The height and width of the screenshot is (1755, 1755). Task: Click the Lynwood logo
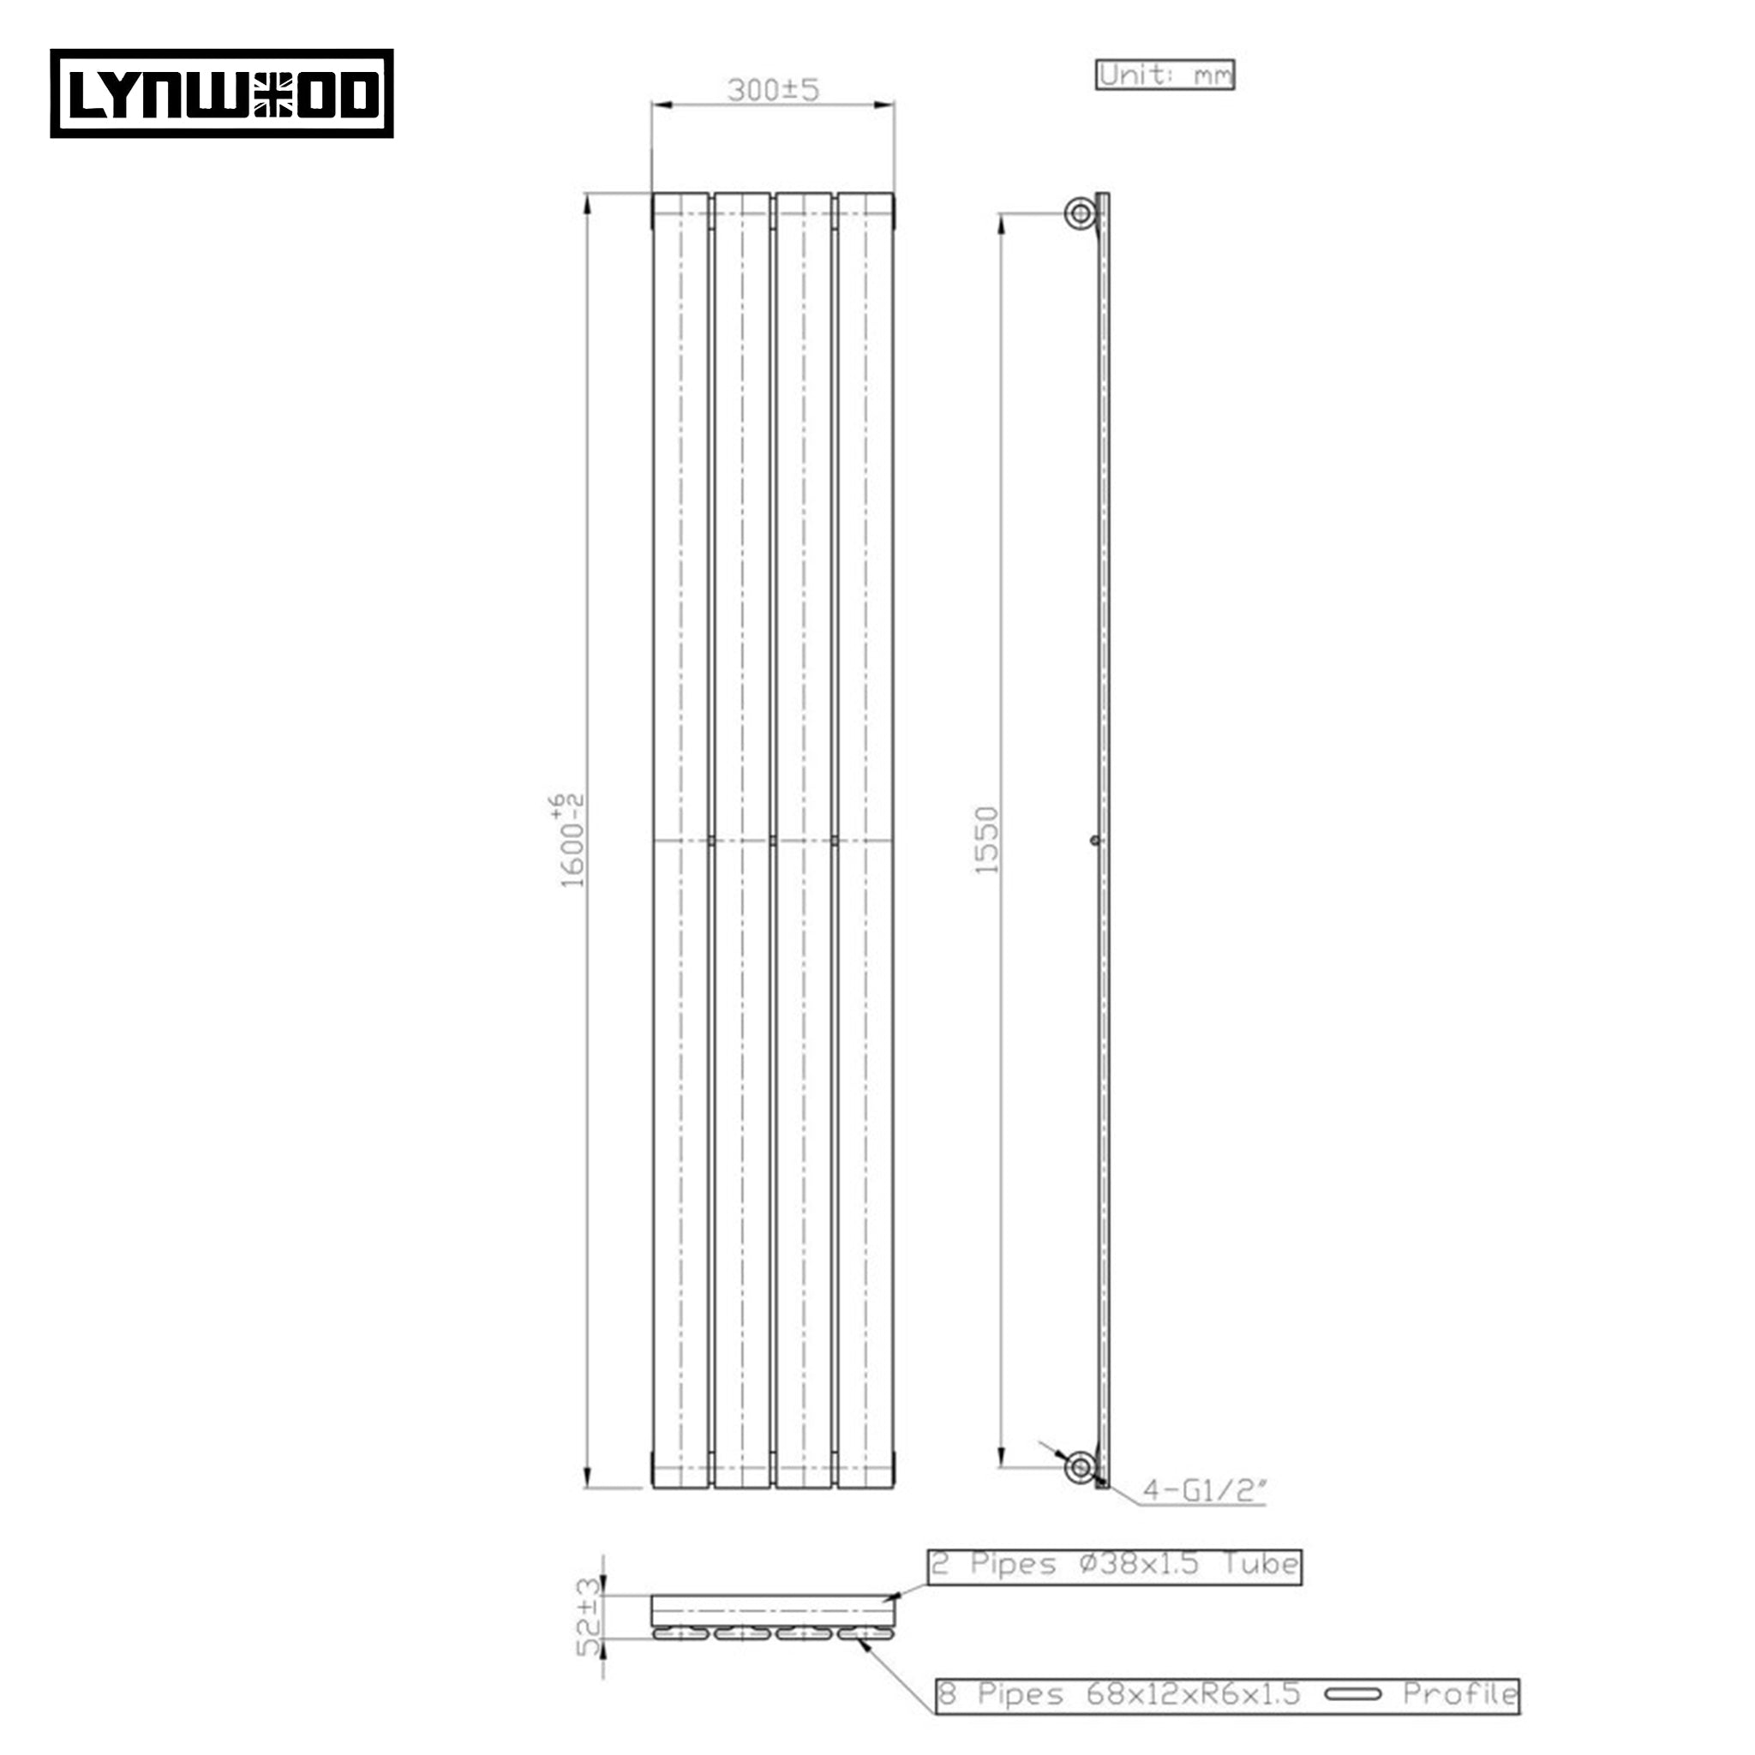pyautogui.click(x=222, y=93)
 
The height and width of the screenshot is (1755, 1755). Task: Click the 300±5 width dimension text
pyautogui.click(x=773, y=90)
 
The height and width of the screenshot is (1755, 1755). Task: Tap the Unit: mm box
pyautogui.click(x=1165, y=75)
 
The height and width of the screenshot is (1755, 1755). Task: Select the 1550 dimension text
pyautogui.click(x=986, y=841)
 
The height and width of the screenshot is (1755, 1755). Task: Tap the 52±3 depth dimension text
pyautogui.click(x=590, y=1617)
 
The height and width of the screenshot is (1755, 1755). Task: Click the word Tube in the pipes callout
pyautogui.click(x=1260, y=1563)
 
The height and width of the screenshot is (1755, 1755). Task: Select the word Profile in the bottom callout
pyautogui.click(x=1459, y=1693)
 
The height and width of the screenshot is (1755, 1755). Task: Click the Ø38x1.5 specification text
pyautogui.click(x=1139, y=1563)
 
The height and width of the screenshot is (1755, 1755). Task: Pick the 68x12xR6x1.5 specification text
pyautogui.click(x=1193, y=1693)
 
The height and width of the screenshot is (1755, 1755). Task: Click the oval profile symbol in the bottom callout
pyautogui.click(x=1352, y=1694)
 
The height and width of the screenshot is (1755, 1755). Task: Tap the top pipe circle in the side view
pyautogui.click(x=1080, y=214)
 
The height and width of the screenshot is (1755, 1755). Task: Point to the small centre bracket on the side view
pyautogui.click(x=1095, y=841)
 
